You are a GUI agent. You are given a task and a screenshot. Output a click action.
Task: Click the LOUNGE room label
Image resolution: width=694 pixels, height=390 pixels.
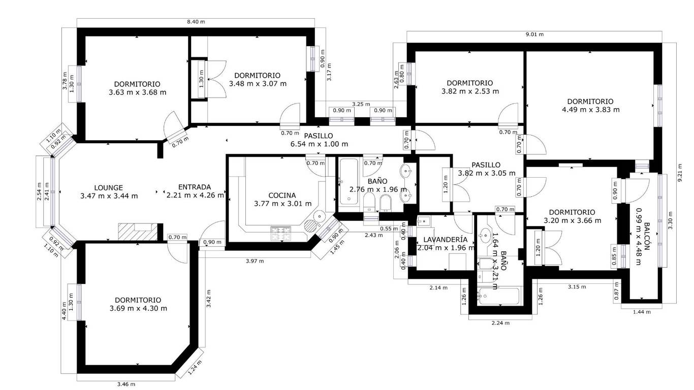(108, 188)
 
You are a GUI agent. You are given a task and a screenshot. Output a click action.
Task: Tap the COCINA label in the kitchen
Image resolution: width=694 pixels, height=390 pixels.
(282, 196)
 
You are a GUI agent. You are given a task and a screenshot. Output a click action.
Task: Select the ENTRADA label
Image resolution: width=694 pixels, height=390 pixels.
(195, 187)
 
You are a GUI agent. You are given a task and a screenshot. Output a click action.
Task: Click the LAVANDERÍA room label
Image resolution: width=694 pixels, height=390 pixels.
(445, 240)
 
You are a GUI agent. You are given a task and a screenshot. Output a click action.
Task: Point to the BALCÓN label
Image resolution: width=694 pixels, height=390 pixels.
(647, 238)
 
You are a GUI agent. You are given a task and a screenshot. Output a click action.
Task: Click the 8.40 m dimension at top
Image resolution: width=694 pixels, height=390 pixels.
(196, 22)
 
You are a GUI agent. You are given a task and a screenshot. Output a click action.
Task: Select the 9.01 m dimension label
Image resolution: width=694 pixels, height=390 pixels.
(534, 35)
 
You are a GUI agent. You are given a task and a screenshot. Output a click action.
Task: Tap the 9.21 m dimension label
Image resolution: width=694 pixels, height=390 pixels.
(680, 173)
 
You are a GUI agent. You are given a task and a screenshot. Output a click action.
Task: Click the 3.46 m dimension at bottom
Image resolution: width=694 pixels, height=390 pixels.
(126, 384)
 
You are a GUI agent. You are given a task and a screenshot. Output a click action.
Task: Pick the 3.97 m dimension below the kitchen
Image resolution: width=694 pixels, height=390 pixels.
(255, 261)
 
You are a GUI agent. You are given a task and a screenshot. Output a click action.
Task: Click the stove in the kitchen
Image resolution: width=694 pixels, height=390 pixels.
(281, 234)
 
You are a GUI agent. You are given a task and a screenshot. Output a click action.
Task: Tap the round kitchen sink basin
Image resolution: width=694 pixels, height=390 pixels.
(319, 215)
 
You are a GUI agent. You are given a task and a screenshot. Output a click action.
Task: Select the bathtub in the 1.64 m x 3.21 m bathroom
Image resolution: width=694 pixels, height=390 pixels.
(498, 296)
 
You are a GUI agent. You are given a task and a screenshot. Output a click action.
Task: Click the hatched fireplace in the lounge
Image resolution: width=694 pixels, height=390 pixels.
(138, 232)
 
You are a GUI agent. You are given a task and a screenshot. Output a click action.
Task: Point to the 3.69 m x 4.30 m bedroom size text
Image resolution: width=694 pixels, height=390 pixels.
(138, 308)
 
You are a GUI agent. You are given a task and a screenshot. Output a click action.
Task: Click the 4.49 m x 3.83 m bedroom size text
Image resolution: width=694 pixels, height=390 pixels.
(590, 109)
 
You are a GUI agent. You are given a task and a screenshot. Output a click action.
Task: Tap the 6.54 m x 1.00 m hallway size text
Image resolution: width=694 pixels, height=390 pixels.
(319, 144)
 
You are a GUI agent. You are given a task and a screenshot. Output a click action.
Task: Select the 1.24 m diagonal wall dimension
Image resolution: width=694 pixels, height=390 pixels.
(195, 368)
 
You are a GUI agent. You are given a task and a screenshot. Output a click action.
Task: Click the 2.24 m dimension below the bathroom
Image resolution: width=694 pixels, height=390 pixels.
(500, 323)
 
